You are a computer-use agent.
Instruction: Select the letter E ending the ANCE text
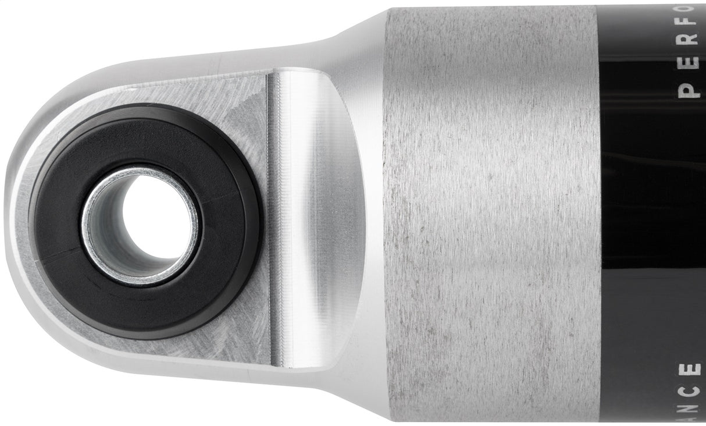690,370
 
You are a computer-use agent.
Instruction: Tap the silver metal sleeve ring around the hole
93,233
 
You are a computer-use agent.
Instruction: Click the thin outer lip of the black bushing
256,221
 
